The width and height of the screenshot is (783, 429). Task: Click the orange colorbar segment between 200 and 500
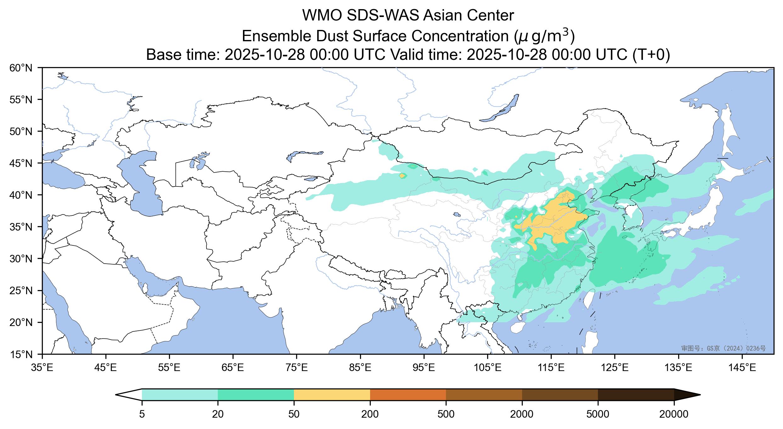point(408,395)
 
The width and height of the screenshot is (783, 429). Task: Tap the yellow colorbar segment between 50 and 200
point(332,395)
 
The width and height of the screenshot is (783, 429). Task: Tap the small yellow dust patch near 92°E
point(403,175)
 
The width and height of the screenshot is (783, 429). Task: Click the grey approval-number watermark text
point(723,348)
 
